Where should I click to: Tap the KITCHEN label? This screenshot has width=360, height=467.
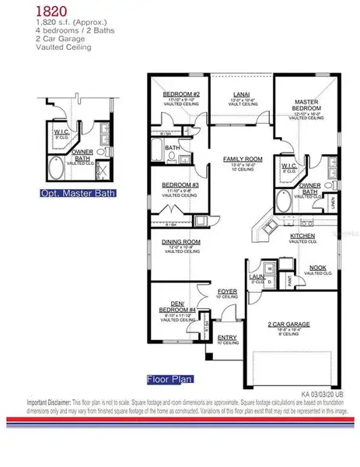302,234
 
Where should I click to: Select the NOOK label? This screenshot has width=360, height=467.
317,268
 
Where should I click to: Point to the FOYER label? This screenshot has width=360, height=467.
226,292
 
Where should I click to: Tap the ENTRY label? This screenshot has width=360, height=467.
226,338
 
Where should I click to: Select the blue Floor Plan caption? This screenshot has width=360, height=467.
169,380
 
